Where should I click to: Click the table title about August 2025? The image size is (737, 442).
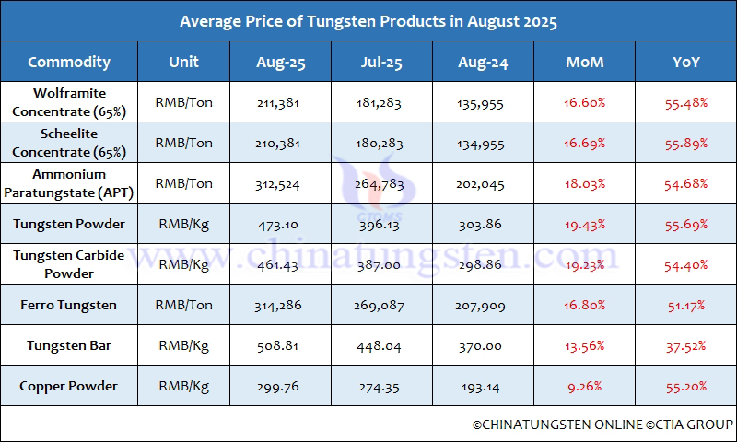pos(368,20)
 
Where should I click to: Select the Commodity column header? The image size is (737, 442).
pos(69,62)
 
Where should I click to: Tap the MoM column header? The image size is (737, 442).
pos(586,62)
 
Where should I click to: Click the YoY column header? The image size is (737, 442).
pos(686,62)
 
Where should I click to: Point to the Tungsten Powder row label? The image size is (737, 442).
pos(69,225)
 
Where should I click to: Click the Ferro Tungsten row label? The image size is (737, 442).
pos(69,306)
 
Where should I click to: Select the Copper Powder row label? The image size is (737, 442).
pos(69,387)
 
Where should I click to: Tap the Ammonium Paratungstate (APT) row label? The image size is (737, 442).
pos(69,183)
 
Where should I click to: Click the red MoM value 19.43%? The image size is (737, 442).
pos(586,225)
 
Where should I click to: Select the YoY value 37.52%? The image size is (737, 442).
pos(686,346)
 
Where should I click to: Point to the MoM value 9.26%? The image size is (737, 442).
pos(586,387)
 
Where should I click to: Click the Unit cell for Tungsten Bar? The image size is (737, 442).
pos(184,346)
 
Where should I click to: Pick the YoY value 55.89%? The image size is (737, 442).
pos(686,143)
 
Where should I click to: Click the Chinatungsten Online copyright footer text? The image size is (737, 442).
pos(602,425)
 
